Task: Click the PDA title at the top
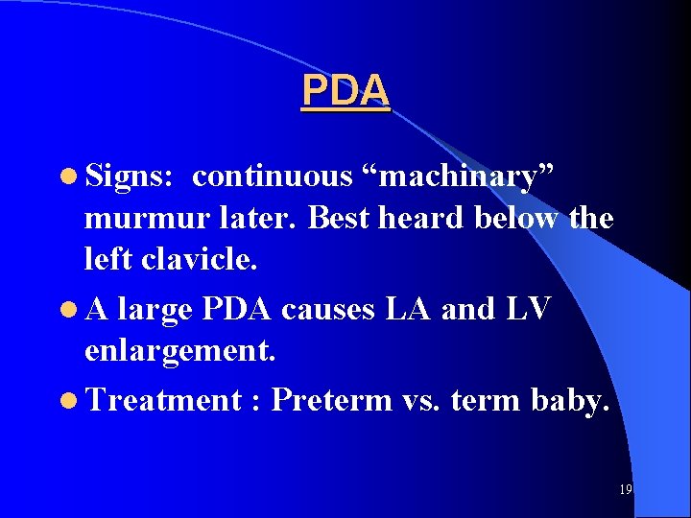pyautogui.click(x=345, y=91)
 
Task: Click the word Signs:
pyautogui.click(x=129, y=177)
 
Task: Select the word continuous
pyautogui.click(x=273, y=177)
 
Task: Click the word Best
pyautogui.click(x=340, y=219)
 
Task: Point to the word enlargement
pyautogui.click(x=180, y=351)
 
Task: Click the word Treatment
pyautogui.click(x=162, y=399)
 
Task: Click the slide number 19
pyautogui.click(x=626, y=489)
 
